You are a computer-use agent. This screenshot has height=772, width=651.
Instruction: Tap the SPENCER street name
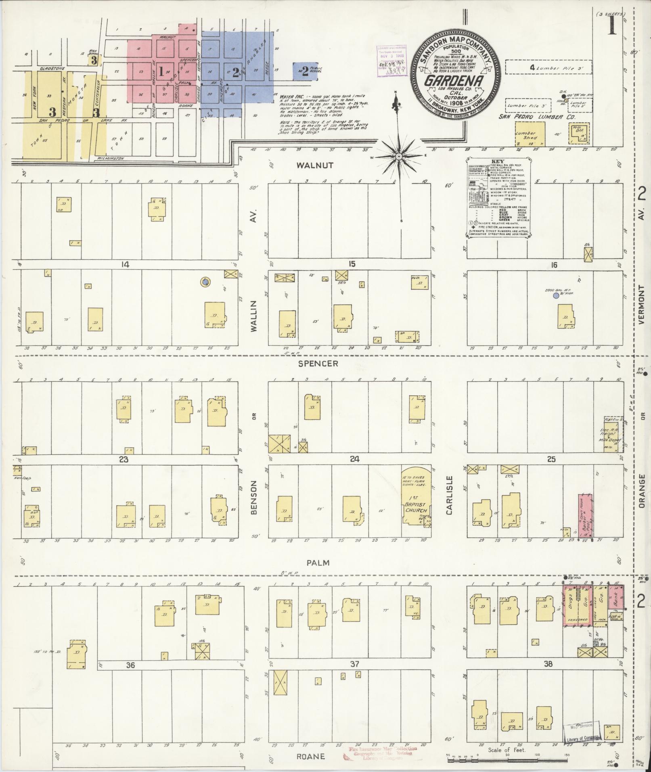318,364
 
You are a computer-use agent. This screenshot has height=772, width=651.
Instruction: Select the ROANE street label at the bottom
311,756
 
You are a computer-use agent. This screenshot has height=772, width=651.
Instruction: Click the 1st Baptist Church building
416,499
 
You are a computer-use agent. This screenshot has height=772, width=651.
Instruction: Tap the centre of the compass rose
398,156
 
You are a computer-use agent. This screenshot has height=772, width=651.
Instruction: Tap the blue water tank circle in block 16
556,296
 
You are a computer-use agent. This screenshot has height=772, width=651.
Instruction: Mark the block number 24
355,459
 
